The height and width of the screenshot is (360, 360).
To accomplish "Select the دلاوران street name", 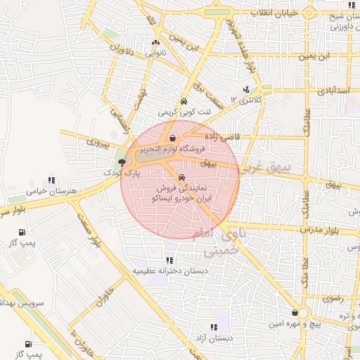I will (122, 51).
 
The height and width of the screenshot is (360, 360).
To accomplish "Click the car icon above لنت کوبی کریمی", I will (184, 101).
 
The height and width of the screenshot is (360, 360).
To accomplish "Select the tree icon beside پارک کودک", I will (122, 162).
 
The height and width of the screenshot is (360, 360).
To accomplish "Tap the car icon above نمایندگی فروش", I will (183, 178).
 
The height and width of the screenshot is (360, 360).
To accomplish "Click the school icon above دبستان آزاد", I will (214, 326).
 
